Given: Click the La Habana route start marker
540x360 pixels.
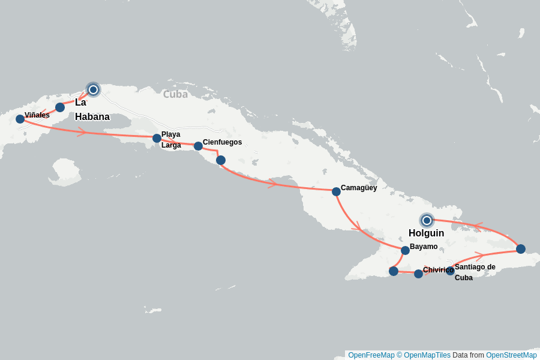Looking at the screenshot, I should click(93, 90).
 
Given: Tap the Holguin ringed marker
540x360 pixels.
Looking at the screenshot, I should click(427, 220).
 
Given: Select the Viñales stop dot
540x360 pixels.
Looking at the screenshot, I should click(20, 119).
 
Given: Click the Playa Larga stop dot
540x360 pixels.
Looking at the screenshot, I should click(157, 138).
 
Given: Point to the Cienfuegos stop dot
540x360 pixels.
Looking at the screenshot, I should click(198, 146).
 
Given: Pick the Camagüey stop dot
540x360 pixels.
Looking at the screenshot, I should click(336, 191).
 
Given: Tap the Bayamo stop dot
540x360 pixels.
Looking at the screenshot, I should click(405, 250).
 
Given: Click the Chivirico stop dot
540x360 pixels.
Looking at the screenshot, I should click(418, 274).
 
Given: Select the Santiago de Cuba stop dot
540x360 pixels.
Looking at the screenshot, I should click(450, 271).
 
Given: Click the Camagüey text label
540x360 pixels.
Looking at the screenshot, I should click(359, 188).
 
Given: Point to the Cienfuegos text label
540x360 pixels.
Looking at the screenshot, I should click(222, 142).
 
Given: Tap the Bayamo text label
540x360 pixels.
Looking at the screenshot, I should click(424, 247).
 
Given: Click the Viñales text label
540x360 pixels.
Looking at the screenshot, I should click(37, 115).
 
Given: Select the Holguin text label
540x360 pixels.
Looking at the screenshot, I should click(426, 233).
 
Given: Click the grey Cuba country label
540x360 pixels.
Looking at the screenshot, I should click(175, 94).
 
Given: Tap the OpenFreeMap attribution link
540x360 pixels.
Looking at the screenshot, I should click(371, 355).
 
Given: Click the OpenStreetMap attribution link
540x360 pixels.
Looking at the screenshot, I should click(511, 355).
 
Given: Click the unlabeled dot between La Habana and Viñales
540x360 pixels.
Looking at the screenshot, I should click(60, 107).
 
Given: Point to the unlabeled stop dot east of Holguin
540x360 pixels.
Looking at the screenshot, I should click(520, 249).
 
